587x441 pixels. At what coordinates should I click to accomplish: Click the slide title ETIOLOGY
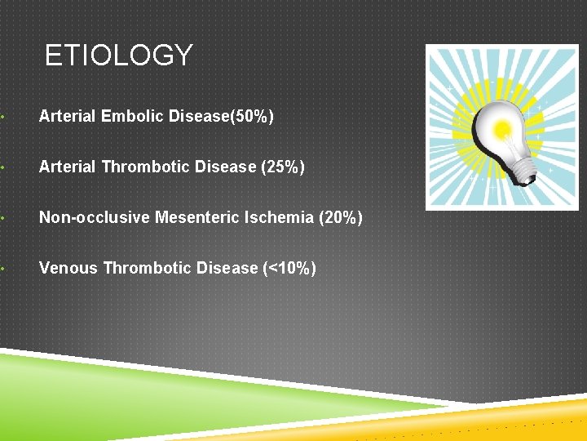click(118, 56)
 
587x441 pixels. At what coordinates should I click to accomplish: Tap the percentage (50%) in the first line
click(253, 117)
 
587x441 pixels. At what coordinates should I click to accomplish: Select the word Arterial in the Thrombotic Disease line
click(68, 167)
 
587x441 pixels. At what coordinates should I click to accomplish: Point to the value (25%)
click(282, 167)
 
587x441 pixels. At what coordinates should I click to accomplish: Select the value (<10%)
click(289, 269)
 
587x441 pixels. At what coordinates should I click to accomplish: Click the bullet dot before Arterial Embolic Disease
click(5, 117)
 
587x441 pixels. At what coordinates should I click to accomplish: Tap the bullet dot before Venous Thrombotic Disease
click(5, 269)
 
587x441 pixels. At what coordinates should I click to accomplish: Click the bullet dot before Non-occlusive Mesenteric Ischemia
click(5, 218)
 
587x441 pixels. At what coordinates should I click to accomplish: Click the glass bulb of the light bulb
click(498, 127)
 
